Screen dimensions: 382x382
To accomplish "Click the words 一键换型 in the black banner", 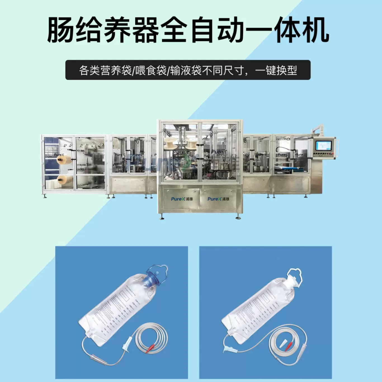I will tap(276, 70).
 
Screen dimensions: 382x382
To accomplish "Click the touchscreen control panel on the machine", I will tap(323, 146).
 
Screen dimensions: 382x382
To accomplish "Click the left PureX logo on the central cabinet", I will tap(182, 199).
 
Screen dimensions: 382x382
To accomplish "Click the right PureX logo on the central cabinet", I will tap(218, 199).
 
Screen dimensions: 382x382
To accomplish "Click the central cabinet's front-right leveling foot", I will tap(238, 217).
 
